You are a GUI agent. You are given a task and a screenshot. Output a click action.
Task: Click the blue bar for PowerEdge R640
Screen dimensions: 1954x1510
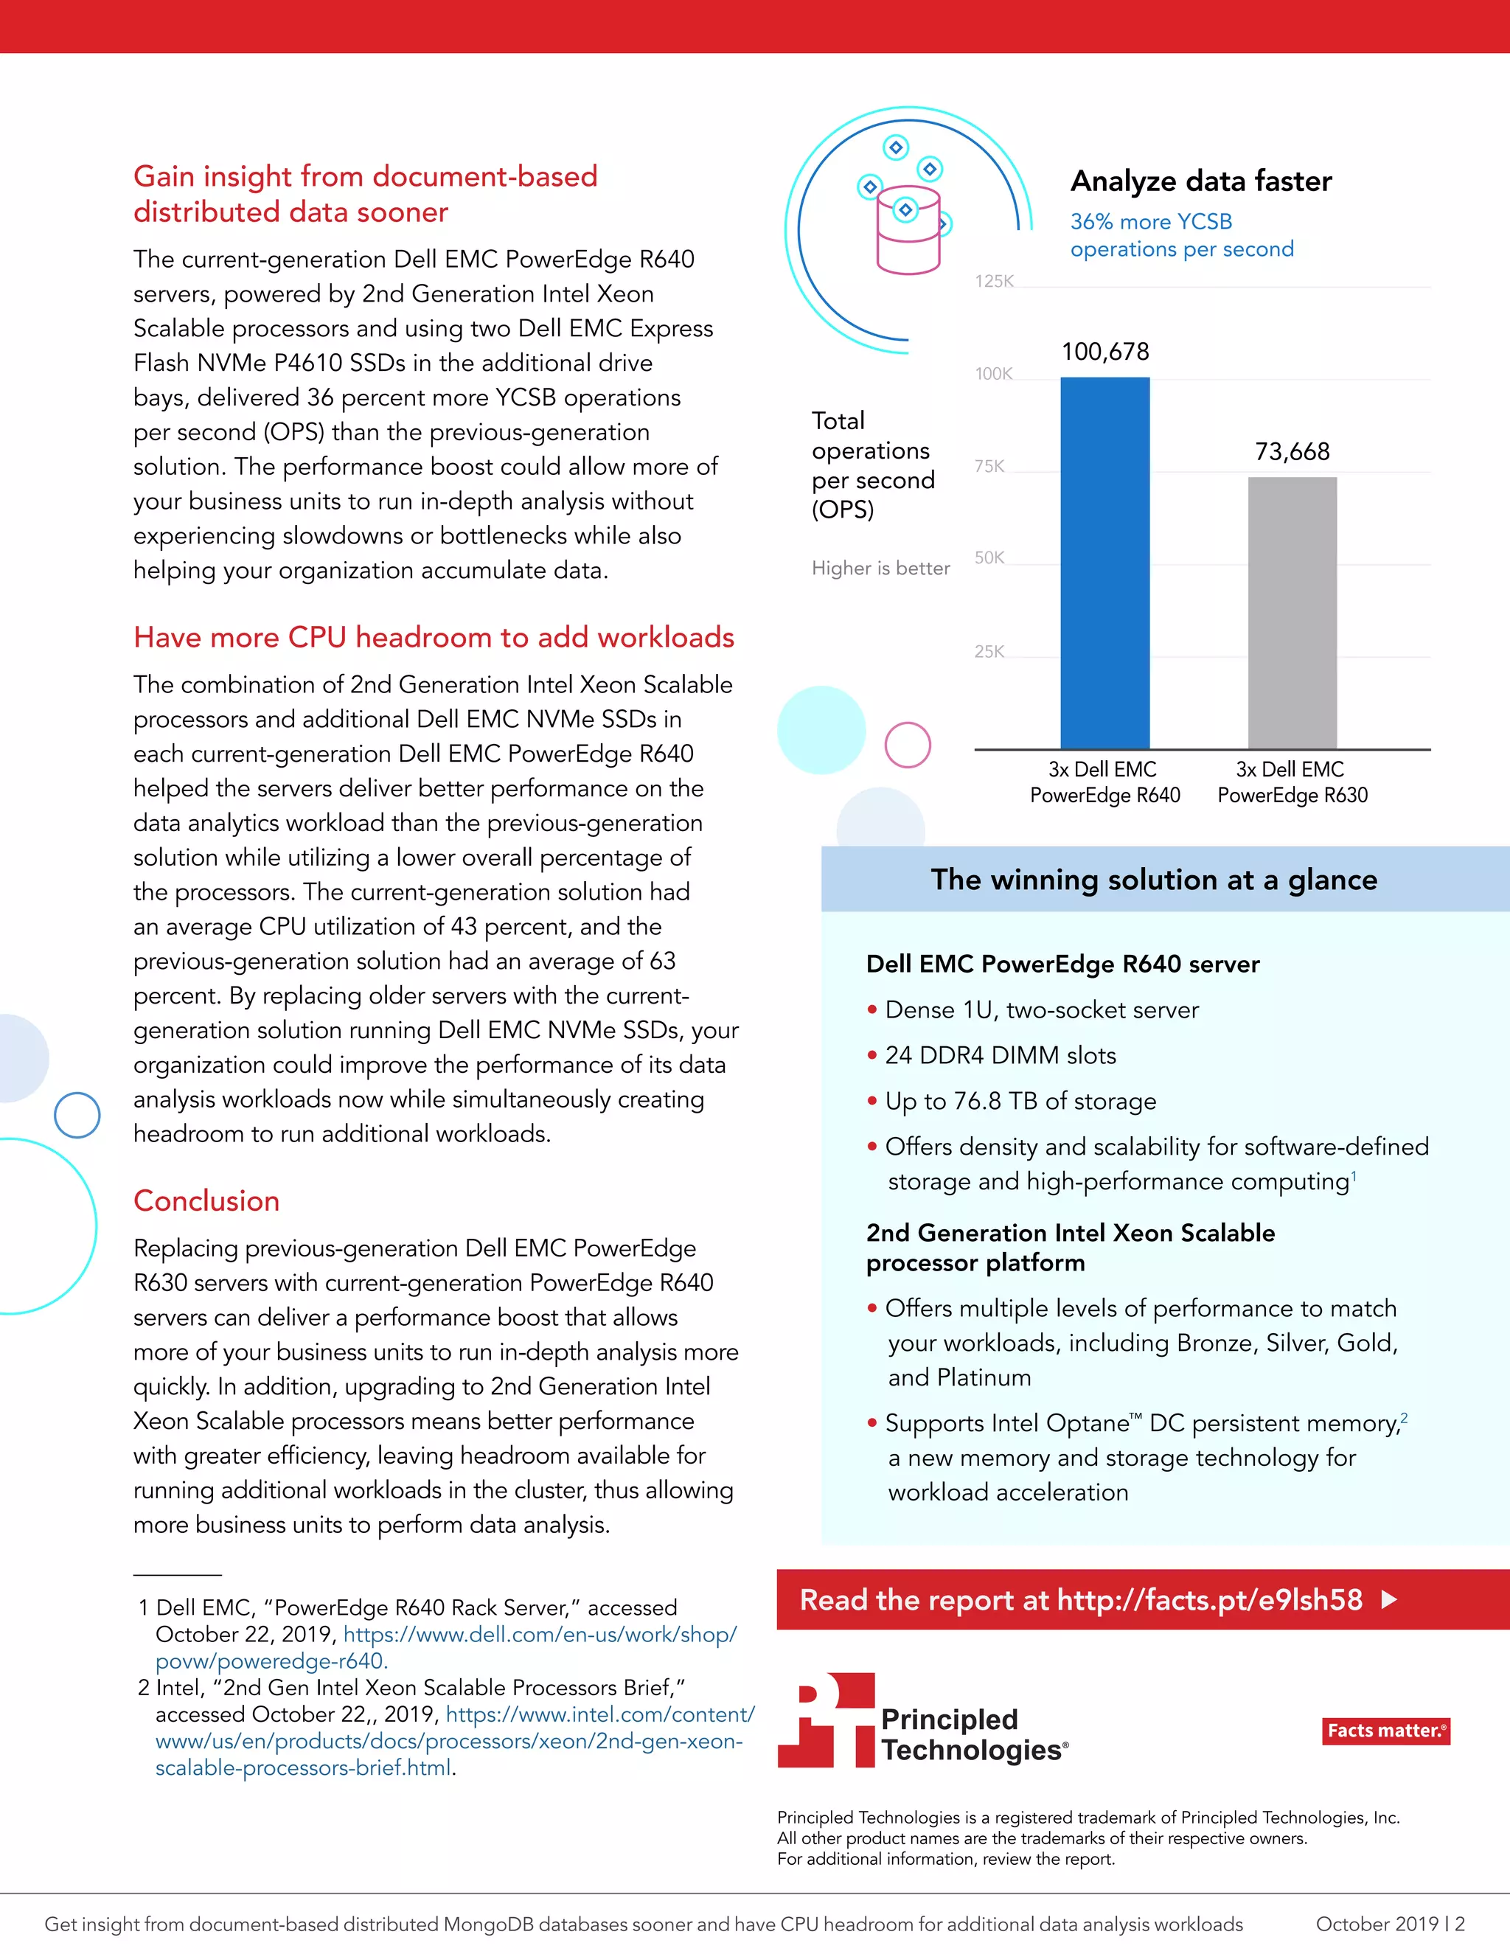point(1104,563)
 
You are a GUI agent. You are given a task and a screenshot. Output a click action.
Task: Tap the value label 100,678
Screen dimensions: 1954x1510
point(1104,352)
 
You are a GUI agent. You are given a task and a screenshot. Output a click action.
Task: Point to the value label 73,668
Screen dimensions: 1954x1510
point(1292,452)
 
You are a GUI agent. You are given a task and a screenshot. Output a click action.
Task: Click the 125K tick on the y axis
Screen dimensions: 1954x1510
point(994,282)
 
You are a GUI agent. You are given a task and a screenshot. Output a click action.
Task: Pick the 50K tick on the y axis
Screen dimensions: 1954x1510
point(989,558)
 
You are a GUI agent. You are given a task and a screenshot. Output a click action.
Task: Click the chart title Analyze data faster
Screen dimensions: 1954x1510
point(1200,181)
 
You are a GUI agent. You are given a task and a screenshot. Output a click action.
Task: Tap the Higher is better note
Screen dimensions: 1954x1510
point(880,568)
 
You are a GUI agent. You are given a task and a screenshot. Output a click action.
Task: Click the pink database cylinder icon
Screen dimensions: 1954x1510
point(908,232)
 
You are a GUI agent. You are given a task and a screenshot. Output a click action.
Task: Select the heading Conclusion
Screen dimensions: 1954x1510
point(206,1200)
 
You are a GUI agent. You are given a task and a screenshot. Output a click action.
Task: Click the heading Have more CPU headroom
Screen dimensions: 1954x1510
point(434,637)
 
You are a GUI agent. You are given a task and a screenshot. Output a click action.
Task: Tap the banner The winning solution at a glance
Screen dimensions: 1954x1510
point(1154,880)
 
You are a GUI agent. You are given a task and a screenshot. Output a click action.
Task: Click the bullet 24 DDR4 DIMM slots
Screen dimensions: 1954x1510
point(1000,1056)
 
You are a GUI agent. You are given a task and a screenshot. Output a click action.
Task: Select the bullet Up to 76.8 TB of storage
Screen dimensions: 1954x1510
point(1020,1102)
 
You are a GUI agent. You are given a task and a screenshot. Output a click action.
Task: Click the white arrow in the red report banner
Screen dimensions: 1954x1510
point(1389,1600)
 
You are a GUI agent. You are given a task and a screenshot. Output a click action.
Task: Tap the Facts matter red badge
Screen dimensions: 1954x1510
point(1385,1731)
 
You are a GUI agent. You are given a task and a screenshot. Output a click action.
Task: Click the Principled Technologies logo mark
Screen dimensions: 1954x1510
point(826,1720)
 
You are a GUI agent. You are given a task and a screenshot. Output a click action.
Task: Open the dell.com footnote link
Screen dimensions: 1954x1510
point(540,1635)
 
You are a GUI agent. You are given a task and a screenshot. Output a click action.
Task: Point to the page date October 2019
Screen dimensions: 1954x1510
point(1377,1924)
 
